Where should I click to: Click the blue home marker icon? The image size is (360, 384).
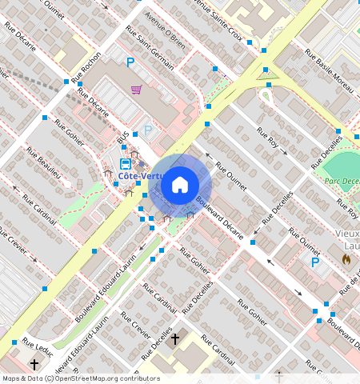[180, 185]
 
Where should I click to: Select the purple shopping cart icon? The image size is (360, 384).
[137, 89]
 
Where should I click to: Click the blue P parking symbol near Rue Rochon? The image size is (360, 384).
[130, 62]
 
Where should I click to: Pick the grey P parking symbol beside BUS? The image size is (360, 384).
[147, 130]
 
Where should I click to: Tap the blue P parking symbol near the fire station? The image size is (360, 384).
[315, 262]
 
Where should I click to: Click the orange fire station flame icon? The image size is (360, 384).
[346, 260]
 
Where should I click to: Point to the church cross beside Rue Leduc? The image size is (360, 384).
[34, 363]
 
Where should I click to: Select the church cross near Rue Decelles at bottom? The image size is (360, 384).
[175, 339]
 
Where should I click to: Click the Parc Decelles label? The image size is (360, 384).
[342, 181]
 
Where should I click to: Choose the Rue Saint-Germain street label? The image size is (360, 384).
[150, 46]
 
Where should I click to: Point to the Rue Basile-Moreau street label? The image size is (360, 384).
[329, 66]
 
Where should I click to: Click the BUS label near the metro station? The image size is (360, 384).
[122, 139]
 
